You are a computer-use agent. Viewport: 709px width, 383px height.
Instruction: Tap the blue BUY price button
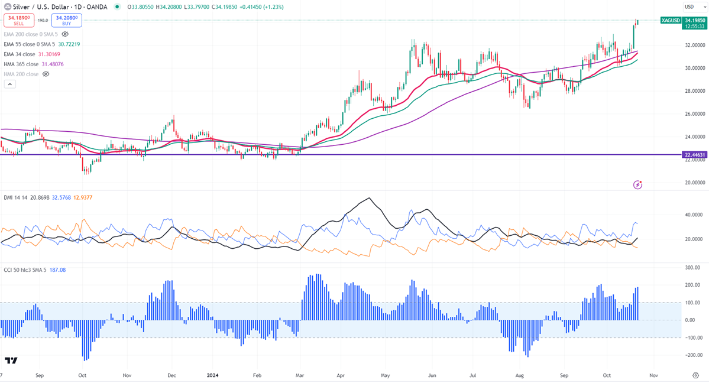pos(66,21)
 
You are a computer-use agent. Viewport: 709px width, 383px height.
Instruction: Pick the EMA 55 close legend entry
pos(30,44)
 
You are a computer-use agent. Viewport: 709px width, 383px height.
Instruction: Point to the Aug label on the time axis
pos(520,375)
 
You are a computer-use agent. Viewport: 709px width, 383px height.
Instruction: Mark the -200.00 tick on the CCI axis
pos(693,355)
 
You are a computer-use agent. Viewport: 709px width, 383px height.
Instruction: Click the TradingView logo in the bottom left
pos(11,361)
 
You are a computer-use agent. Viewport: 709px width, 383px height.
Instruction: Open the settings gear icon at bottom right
pos(695,375)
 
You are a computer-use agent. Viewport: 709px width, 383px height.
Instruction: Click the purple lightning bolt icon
pos(637,185)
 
